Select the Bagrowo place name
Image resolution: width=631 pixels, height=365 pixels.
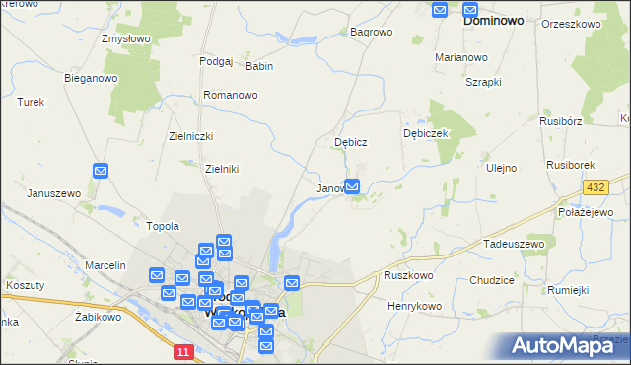click(371, 32)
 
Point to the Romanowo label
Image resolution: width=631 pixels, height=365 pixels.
click(230, 95)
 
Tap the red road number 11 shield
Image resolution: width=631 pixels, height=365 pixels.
click(183, 351)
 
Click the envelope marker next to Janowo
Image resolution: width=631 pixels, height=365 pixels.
click(352, 185)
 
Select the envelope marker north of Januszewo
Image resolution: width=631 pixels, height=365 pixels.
click(101, 171)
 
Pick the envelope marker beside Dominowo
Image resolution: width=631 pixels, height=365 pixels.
click(441, 10)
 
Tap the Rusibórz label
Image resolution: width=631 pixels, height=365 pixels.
click(562, 121)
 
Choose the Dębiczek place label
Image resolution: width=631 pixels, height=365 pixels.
click(426, 133)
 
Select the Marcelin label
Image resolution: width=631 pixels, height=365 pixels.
click(105, 265)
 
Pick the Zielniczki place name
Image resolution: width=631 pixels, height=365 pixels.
click(191, 137)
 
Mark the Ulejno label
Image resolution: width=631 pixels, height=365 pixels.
click(501, 168)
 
